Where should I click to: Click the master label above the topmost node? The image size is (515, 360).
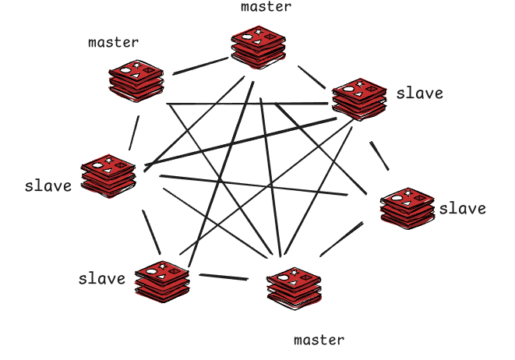point(266,7)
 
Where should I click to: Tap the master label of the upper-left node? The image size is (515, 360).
point(114,42)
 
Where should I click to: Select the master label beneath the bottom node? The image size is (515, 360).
point(319,340)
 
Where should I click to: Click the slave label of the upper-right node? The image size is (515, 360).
point(419,94)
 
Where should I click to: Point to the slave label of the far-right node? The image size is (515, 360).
point(462,208)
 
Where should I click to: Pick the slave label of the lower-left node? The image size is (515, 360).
point(102,278)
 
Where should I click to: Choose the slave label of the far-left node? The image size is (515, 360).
point(48,186)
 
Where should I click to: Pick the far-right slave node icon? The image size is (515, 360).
point(405,207)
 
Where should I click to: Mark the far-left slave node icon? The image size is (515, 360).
point(109,178)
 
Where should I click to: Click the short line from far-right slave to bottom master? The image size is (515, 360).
point(340,240)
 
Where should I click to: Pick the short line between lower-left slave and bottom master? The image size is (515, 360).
point(224,277)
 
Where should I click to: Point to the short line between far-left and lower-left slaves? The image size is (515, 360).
point(151,232)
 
